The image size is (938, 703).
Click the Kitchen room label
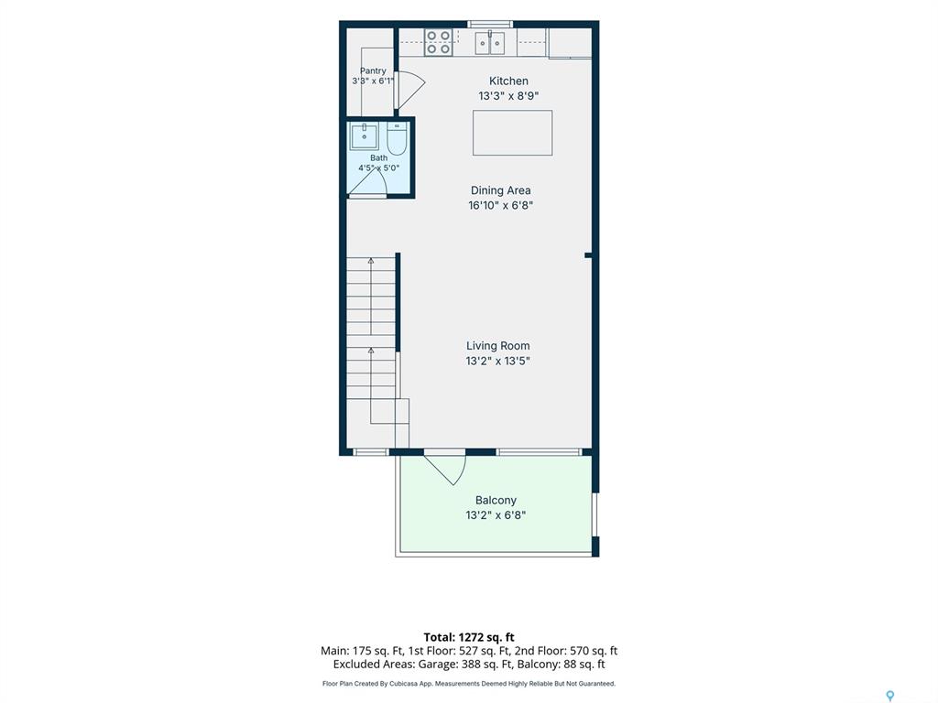click(508, 81)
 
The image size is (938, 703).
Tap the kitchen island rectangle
click(513, 133)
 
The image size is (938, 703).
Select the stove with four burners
click(439, 43)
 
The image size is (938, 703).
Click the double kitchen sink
click(490, 43)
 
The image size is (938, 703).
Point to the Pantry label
click(373, 70)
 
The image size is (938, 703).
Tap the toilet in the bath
click(397, 138)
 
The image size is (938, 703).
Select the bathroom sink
click(364, 137)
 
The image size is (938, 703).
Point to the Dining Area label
click(501, 190)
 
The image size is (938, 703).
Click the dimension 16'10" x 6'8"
click(501, 205)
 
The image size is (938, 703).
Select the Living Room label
click(497, 345)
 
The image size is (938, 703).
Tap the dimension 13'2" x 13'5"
click(497, 361)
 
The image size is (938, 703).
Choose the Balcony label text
click(496, 501)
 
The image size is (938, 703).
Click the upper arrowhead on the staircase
click(371, 261)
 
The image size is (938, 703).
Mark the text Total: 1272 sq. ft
click(469, 637)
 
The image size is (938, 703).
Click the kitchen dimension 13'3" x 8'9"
click(508, 95)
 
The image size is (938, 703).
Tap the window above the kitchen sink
click(490, 24)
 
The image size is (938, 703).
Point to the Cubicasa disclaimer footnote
click(469, 683)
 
